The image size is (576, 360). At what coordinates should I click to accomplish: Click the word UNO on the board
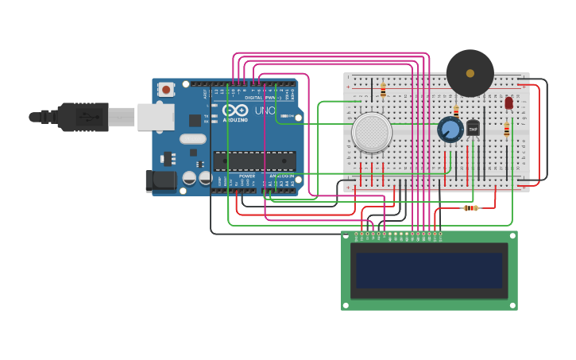(x=265, y=110)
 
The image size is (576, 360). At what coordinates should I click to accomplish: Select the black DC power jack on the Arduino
(x=160, y=181)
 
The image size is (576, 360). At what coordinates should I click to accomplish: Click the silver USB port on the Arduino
(x=155, y=117)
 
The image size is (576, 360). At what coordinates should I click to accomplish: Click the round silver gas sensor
(x=372, y=133)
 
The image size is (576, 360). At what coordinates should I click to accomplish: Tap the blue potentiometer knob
(x=450, y=130)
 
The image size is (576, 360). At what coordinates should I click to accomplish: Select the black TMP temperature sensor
(x=474, y=128)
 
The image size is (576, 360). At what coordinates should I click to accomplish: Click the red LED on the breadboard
(x=508, y=103)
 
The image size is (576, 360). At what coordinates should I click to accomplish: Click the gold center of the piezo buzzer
(x=470, y=73)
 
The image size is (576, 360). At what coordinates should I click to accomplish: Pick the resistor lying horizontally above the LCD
(x=471, y=208)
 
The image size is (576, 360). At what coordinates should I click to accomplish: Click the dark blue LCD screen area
(x=429, y=270)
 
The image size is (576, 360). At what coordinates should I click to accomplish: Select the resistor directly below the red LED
(x=507, y=130)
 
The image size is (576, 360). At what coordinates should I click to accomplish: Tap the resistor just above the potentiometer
(x=456, y=111)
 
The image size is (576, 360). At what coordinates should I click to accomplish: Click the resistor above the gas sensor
(x=383, y=91)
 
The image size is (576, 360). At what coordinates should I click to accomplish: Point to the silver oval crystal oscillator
(x=193, y=139)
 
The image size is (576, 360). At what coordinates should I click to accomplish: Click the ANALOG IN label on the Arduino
(x=280, y=176)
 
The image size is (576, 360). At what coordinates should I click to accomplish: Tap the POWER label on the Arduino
(x=247, y=176)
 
